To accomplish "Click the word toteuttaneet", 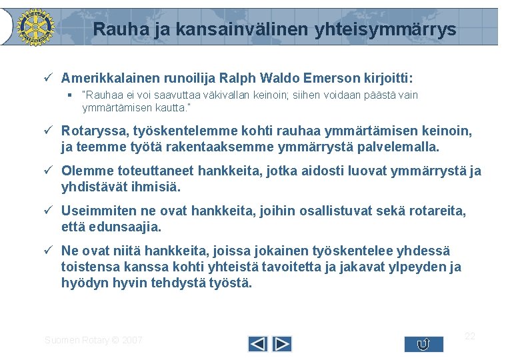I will pyautogui.click(x=147, y=171).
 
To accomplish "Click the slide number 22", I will pyautogui.click(x=469, y=336).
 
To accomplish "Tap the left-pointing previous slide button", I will pyautogui.click(x=258, y=344).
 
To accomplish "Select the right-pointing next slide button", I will pyautogui.click(x=282, y=344).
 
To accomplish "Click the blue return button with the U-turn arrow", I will pyautogui.click(x=423, y=344).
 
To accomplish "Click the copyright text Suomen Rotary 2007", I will pyautogui.click(x=93, y=340).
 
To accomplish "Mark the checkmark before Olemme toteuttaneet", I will pyautogui.click(x=49, y=171).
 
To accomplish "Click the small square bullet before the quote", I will pyautogui.click(x=69, y=95).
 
